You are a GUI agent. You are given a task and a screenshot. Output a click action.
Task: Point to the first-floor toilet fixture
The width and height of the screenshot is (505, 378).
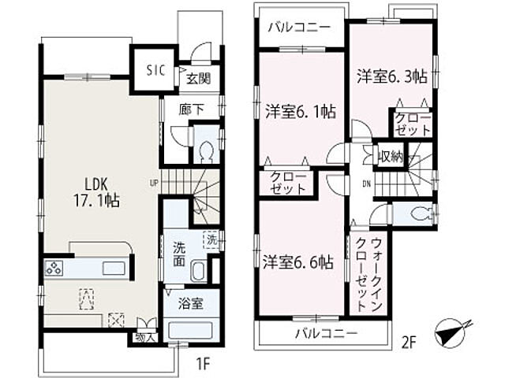[206, 150]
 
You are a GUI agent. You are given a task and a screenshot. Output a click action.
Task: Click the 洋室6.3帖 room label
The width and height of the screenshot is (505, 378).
[392, 76]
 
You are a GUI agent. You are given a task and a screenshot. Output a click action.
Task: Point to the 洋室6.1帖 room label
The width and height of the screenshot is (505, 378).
[300, 111]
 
